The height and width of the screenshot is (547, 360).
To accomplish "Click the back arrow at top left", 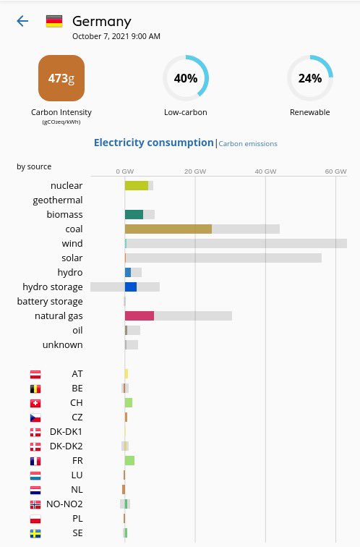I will [x=22, y=21].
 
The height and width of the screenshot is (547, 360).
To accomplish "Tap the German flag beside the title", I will [x=54, y=21].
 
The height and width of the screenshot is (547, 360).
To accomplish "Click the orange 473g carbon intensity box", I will [x=61, y=78].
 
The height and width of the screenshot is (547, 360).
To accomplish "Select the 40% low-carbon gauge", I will [x=186, y=78].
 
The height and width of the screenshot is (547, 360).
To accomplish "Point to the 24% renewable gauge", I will [x=309, y=78].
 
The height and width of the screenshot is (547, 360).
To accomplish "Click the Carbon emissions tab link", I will [x=248, y=144].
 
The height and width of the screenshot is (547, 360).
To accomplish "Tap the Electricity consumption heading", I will [x=154, y=143].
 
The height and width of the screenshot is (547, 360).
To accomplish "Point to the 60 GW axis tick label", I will [x=335, y=171].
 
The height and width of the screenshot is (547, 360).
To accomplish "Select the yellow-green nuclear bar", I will [x=137, y=186].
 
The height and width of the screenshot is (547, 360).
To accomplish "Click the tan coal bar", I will [x=168, y=229].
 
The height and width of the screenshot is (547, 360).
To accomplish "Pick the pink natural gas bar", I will [x=140, y=316].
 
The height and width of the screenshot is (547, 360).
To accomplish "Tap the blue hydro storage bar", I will [x=131, y=287].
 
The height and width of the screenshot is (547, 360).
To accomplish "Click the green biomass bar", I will [x=134, y=215].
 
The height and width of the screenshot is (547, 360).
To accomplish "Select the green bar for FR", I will [x=129, y=461].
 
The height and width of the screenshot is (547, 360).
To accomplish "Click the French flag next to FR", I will [x=35, y=461].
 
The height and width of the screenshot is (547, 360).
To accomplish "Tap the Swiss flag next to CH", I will [x=35, y=403].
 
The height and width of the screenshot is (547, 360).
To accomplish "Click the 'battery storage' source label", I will [x=50, y=302].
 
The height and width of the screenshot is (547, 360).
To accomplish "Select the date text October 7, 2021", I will [x=116, y=36].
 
